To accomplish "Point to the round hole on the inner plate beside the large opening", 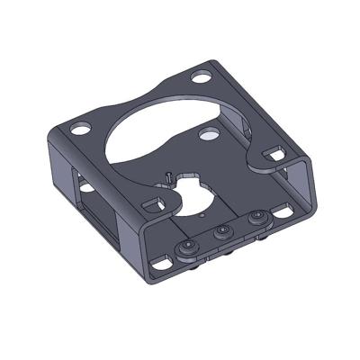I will (208, 134).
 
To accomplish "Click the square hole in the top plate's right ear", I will (275, 156).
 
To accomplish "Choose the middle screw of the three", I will (220, 233).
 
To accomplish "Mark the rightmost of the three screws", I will (257, 219).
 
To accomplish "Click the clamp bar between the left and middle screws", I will (205, 241).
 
